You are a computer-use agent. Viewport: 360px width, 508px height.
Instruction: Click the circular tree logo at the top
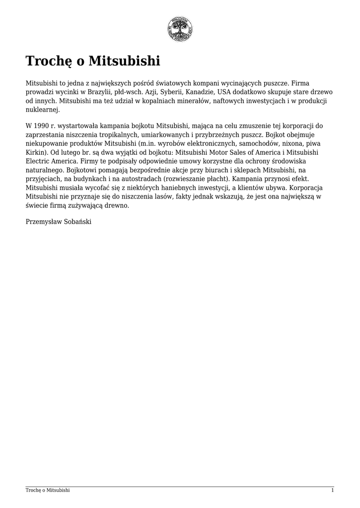pyautogui.click(x=180, y=29)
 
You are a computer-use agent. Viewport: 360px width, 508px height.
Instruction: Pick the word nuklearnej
pyautogui.click(x=42, y=109)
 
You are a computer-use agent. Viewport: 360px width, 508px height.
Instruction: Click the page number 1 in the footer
pyautogui.click(x=332, y=490)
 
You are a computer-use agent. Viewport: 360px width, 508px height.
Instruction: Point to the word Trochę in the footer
pyautogui.click(x=33, y=490)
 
